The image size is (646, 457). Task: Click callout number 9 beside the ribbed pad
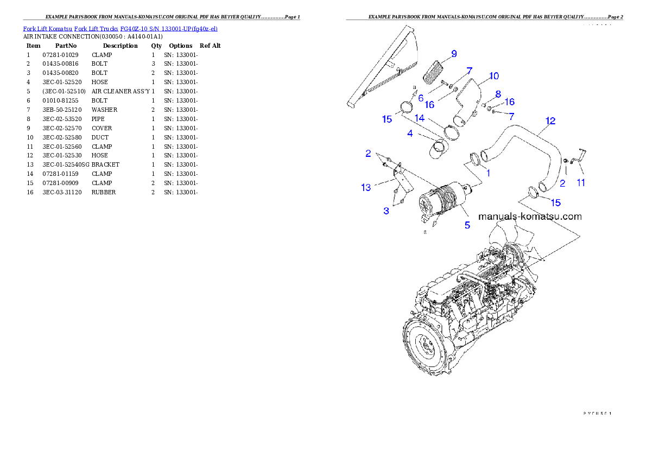(x=453, y=54)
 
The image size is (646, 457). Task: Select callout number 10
(x=493, y=76)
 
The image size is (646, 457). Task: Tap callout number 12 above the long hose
(x=550, y=121)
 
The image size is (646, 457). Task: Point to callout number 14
(x=420, y=118)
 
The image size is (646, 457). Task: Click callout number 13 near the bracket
(x=366, y=188)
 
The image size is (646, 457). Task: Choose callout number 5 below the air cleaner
(x=467, y=224)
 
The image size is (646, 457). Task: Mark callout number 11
(x=581, y=183)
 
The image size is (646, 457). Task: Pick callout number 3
(x=386, y=211)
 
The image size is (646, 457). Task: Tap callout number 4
(x=410, y=133)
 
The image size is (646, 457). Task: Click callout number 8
(x=497, y=94)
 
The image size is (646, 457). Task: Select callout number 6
(x=420, y=98)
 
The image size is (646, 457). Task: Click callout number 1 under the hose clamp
(x=487, y=173)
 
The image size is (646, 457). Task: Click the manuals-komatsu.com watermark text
(x=529, y=217)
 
